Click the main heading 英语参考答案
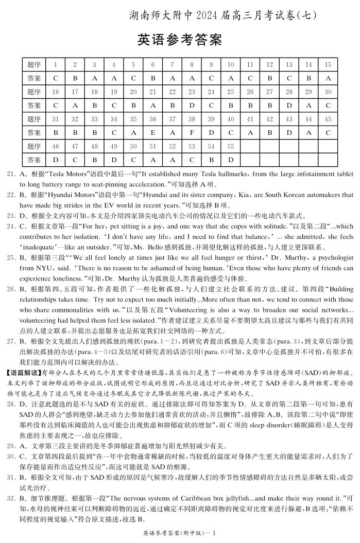[180, 40]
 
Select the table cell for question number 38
[192, 119]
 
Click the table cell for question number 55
[231, 146]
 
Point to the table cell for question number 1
[55, 64]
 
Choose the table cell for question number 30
[328, 92]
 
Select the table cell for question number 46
[55, 146]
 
